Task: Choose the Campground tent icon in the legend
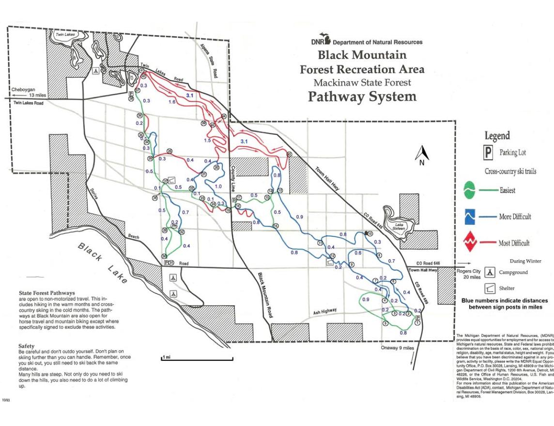[490, 272]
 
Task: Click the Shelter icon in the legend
[490, 288]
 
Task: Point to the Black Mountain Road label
[265, 295]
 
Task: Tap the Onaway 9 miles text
[398, 347]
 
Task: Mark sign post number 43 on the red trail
[289, 154]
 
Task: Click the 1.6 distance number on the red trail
[172, 102]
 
